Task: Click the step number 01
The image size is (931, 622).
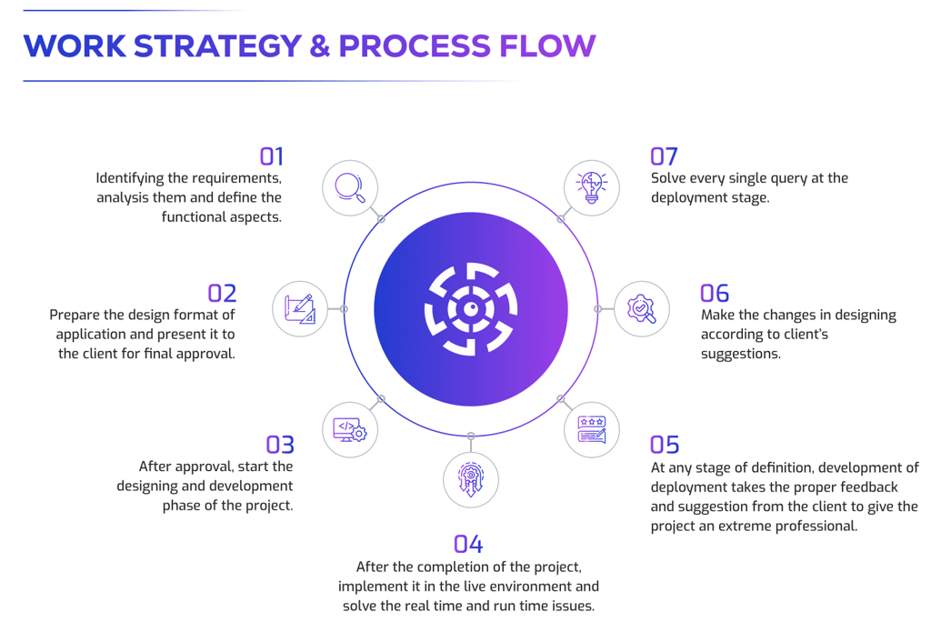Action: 271,156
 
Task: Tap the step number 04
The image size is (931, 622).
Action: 468,544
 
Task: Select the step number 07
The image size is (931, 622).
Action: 665,156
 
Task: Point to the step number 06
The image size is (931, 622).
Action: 715,293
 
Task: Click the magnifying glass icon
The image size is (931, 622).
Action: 350,187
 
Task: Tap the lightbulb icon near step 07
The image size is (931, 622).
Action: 592,187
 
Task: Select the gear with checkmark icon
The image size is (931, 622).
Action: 642,309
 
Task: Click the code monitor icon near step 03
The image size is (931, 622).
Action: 350,429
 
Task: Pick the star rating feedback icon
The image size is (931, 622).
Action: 592,429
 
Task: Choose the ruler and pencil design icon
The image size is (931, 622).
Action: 300,309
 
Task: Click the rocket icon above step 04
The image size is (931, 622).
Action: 471,479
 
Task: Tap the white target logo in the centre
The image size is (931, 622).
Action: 471,309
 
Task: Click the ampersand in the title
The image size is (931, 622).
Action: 319,45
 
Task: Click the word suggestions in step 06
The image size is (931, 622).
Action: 740,353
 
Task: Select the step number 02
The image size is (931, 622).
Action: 222,293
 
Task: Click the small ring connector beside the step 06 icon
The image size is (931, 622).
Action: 597,309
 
